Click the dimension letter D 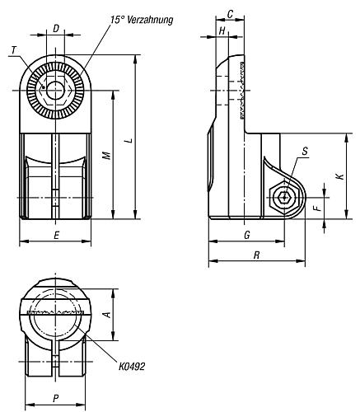(55, 29)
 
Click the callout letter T (14, 51)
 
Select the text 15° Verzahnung (140, 19)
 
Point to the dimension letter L (127, 141)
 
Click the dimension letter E (55, 235)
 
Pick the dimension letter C (230, 14)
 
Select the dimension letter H (222, 30)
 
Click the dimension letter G (247, 235)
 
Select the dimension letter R (256, 256)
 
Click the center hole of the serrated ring (55, 87)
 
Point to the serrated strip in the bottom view (55, 313)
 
